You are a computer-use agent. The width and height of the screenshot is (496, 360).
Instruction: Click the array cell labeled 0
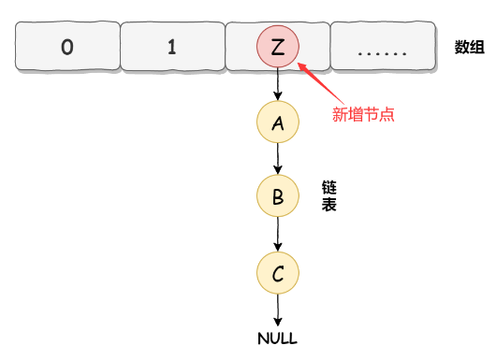66,47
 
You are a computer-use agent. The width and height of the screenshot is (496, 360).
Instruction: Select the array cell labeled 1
171,47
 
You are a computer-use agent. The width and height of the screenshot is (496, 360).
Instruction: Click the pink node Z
277,47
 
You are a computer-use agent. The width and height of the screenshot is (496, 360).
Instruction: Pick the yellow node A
277,122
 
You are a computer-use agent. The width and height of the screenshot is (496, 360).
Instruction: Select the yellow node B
277,196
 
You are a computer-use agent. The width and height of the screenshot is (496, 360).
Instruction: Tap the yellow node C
277,273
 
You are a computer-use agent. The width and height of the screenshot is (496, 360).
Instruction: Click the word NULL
277,338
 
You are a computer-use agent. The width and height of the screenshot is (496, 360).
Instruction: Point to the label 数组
469,48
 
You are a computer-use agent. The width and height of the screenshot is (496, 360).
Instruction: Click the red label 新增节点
364,115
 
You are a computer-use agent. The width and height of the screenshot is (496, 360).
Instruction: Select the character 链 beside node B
329,187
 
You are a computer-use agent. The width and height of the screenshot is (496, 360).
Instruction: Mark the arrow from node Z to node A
277,85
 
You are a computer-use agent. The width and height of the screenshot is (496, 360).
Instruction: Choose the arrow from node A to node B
277,160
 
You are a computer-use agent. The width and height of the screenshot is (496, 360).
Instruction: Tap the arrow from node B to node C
277,235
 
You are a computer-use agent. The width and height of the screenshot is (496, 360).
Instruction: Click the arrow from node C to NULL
277,309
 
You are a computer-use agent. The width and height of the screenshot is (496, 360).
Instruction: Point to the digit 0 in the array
66,47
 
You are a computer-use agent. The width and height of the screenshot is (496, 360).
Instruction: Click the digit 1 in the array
171,47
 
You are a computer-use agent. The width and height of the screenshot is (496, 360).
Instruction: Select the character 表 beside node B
329,205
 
